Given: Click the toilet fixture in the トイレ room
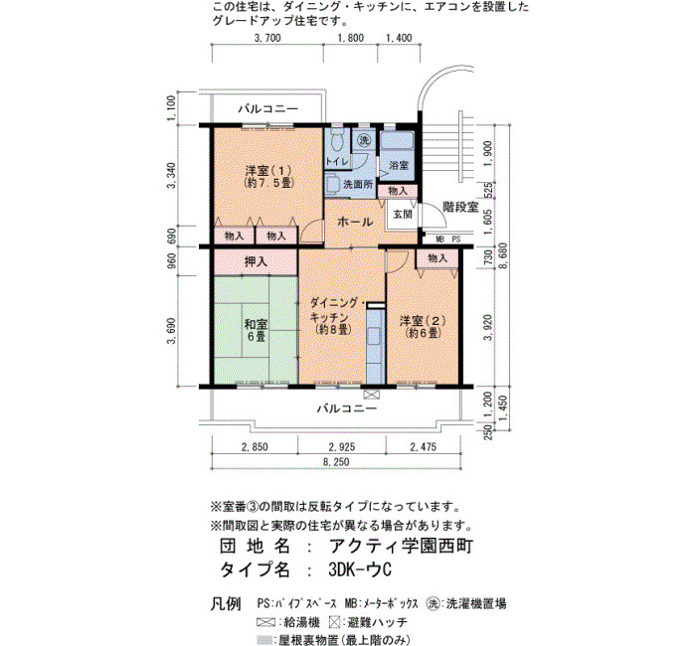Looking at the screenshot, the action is (337, 139).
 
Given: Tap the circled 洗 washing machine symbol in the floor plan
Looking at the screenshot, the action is (364, 141).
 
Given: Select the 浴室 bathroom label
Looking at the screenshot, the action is (399, 165).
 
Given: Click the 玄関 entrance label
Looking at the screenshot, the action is (403, 215).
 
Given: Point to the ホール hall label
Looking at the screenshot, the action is (355, 222).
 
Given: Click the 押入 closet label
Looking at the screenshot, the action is (256, 261).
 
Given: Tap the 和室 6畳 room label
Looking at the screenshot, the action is (256, 330).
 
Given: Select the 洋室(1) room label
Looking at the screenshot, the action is (269, 176).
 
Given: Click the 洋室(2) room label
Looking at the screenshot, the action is (423, 326).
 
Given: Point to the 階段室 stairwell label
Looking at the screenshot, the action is (460, 207).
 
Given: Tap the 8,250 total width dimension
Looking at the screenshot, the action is (336, 462).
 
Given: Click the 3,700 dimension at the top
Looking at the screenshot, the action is (267, 38).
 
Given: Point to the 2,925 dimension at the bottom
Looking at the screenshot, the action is (342, 447).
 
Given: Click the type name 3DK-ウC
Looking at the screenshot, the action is (360, 569).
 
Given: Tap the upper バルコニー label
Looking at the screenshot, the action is (267, 108).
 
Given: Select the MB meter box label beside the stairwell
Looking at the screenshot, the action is (439, 240).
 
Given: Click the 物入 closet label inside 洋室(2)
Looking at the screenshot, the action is (437, 257).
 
